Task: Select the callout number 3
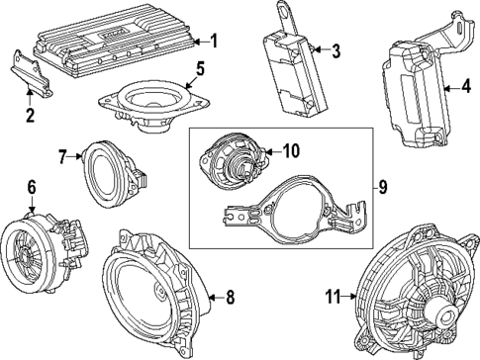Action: click(x=336, y=49)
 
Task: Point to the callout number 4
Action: click(x=465, y=85)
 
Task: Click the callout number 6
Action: click(x=31, y=185)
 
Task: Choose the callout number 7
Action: click(x=61, y=155)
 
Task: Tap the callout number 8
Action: click(x=231, y=295)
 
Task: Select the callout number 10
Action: click(x=290, y=151)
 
